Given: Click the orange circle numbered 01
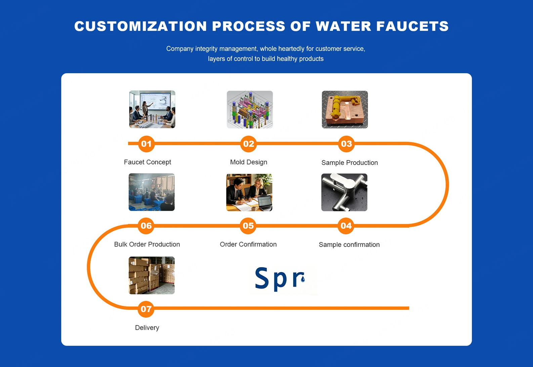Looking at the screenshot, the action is (x=146, y=144).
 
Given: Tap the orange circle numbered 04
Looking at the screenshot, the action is (x=346, y=226).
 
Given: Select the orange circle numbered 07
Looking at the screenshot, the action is (x=146, y=309).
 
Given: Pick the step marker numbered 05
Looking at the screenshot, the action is (x=248, y=226).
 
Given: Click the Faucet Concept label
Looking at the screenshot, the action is (x=148, y=162).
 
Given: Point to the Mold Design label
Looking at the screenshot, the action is (x=249, y=162).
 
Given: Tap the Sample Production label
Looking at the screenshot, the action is (x=350, y=163).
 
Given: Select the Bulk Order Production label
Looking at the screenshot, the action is (x=147, y=244).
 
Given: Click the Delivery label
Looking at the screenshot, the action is (x=147, y=328).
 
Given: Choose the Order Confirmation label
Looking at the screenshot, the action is (x=248, y=244).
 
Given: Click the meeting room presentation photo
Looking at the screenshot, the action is (x=152, y=109).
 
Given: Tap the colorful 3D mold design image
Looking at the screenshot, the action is (x=250, y=110).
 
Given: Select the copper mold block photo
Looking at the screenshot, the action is (x=345, y=110).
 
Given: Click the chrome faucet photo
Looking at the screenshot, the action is (x=344, y=192).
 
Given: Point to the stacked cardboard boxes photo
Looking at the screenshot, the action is (x=152, y=275).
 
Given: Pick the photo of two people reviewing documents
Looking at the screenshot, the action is (x=249, y=192).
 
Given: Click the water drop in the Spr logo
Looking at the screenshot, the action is (x=303, y=279).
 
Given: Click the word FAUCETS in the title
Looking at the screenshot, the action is (x=412, y=26).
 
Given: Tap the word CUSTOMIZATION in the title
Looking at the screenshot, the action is (x=140, y=26).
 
